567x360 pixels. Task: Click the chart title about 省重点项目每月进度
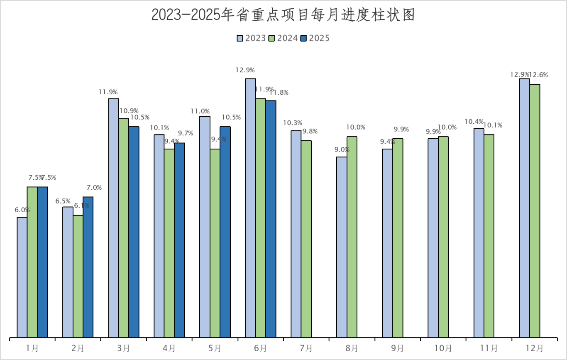click(x=283, y=15)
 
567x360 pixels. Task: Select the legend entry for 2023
click(x=252, y=38)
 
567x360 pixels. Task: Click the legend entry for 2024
click(x=283, y=38)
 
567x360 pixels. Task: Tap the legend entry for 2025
click(x=315, y=38)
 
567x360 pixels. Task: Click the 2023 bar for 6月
click(x=250, y=208)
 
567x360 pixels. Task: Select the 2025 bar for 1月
click(x=43, y=262)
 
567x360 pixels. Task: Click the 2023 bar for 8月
click(x=342, y=247)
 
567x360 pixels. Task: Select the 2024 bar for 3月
click(x=124, y=228)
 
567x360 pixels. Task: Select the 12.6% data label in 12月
click(x=538, y=75)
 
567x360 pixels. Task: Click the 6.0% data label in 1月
click(x=22, y=210)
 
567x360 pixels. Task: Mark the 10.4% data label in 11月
click(x=474, y=122)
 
